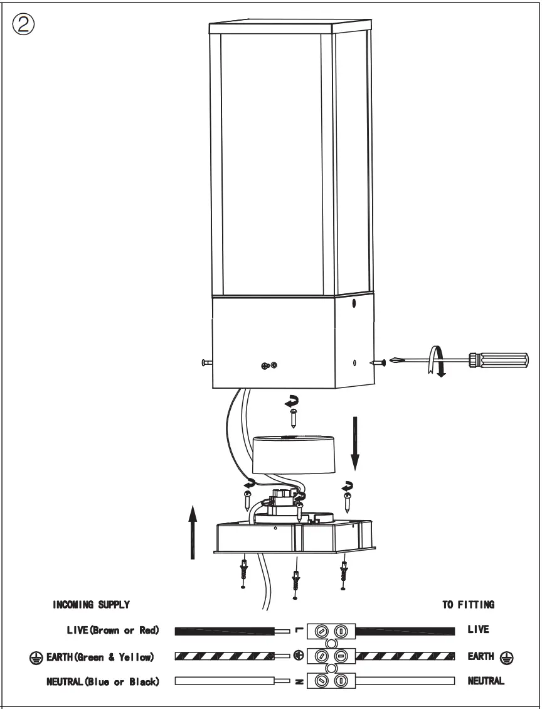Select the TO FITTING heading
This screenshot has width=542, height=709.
click(x=469, y=605)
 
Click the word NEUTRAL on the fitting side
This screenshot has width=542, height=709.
click(x=486, y=681)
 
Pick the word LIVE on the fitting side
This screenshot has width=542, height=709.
click(x=478, y=629)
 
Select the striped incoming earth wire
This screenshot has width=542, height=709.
click(x=223, y=657)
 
